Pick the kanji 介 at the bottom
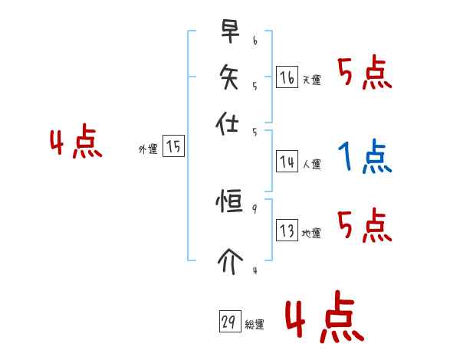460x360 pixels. tap(229, 260)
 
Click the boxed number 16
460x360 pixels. tap(287, 77)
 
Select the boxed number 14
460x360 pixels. tap(287, 162)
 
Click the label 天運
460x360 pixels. tap(311, 80)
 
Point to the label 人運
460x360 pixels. tap(311, 164)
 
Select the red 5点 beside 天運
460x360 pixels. tap(365, 74)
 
